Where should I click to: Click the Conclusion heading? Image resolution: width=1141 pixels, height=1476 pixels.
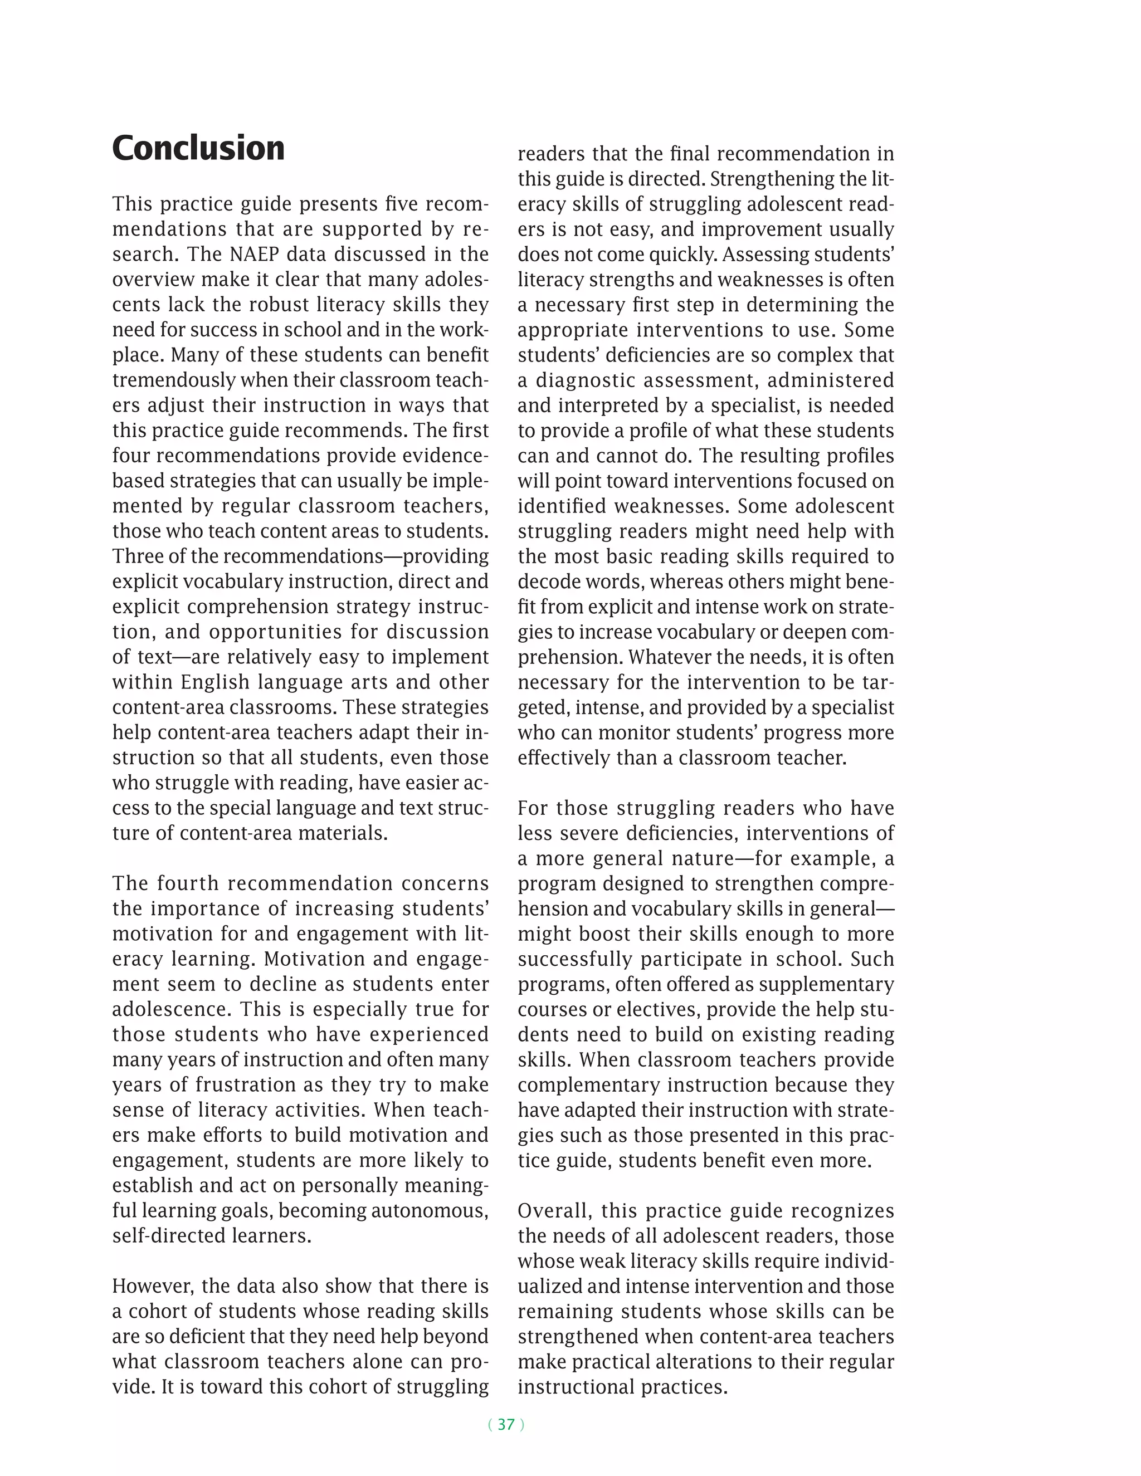point(198,148)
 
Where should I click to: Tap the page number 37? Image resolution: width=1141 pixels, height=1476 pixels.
point(506,1425)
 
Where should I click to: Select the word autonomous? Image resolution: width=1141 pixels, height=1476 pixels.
point(428,1210)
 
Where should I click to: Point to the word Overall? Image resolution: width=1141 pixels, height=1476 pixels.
point(553,1210)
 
